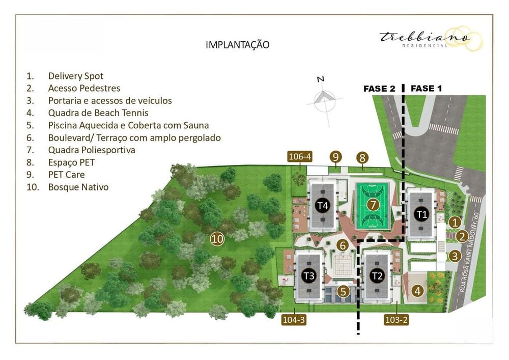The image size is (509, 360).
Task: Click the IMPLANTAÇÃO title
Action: pos(237,45)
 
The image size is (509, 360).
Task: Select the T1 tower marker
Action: pos(420,214)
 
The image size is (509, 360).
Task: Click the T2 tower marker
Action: pos(377,276)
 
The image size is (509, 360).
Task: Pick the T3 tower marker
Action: pos(308,276)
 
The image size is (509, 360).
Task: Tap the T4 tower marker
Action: pos(322,206)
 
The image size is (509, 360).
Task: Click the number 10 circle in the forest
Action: pos(217,238)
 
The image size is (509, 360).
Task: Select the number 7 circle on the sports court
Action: pos(373,205)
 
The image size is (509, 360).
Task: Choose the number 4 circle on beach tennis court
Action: pos(417,291)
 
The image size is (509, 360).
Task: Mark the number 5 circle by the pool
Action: pos(344,292)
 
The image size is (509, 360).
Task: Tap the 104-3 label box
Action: pos(294,320)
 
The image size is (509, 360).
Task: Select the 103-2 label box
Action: pos(397,320)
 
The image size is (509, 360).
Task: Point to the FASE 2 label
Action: pos(379,89)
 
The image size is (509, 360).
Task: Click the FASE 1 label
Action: pos(426,89)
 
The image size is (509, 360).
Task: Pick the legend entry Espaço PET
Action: pos(71,162)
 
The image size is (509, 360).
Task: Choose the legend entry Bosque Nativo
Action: pos(78,187)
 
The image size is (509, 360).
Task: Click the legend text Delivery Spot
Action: pos(75,76)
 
